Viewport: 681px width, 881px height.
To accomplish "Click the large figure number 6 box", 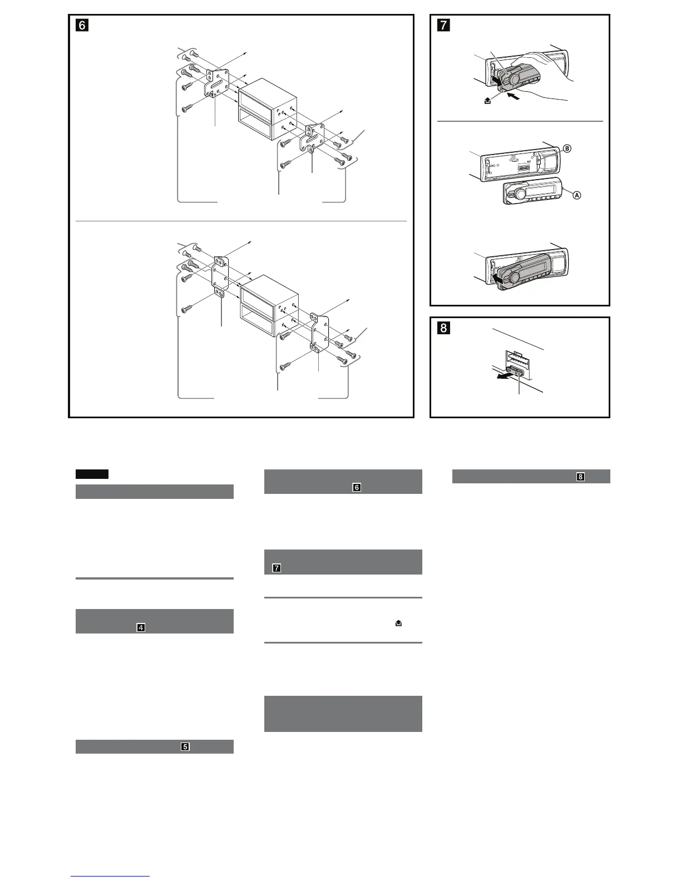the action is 81,25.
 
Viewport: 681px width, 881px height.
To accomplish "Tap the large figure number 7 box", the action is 443,25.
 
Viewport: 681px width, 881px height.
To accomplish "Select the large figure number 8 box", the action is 443,328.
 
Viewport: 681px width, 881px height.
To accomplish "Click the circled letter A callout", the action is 577,195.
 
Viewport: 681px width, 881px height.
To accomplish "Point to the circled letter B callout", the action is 567,149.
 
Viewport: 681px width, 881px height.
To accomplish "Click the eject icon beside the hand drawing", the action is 487,101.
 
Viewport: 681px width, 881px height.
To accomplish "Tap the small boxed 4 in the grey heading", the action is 141,627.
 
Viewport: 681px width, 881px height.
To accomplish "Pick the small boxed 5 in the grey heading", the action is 185,746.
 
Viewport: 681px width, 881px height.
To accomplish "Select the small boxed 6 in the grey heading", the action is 357,487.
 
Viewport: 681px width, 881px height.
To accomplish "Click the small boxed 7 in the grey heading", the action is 277,568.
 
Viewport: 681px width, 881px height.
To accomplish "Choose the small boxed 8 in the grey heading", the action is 581,477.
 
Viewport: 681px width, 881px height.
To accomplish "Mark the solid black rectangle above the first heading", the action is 92,474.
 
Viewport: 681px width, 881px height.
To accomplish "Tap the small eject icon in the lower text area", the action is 398,624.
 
